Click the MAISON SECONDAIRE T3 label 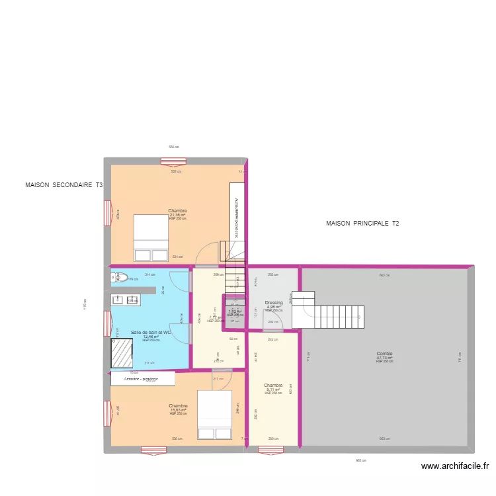point(63,185)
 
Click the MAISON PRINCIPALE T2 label point(362,224)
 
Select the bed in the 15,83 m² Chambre point(214,415)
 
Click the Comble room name point(384,353)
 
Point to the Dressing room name point(274,302)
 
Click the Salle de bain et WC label point(151,333)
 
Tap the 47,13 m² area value point(384,358)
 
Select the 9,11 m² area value point(273,390)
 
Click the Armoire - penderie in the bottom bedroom point(143,378)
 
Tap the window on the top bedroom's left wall point(107,214)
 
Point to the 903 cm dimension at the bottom point(360,461)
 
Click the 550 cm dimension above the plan point(173,147)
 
